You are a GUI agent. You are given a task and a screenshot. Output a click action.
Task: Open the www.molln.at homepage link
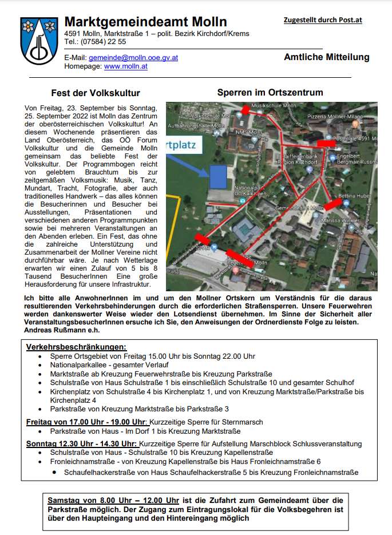[x=125, y=66]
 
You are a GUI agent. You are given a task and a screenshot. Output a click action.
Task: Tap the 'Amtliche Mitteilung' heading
[x=326, y=57]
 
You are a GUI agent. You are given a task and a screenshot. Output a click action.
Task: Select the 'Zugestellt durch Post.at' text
[x=323, y=21]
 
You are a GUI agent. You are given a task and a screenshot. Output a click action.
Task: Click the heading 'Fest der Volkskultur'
[x=96, y=93]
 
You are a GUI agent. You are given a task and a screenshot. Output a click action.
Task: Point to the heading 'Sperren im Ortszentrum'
[x=270, y=92]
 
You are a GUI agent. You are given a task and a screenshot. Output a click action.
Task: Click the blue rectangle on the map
[x=218, y=177]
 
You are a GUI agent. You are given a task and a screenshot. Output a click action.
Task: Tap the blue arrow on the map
[x=188, y=163]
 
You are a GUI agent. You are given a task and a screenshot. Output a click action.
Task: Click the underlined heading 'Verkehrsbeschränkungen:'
[x=76, y=347]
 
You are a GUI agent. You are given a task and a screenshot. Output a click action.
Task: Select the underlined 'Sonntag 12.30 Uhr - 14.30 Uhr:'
[x=81, y=443]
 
